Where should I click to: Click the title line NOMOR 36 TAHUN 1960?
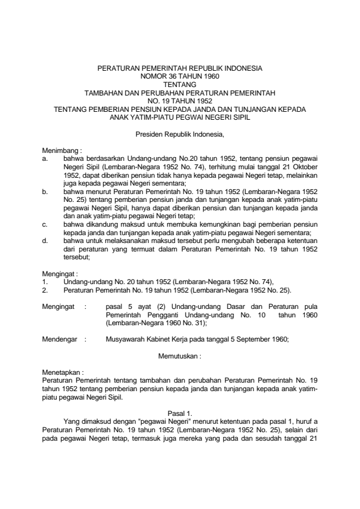(180, 77)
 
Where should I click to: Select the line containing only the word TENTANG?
(180, 85)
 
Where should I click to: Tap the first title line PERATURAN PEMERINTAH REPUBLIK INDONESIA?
(180, 70)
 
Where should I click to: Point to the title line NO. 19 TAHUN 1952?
(180, 101)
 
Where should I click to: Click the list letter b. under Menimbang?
(45, 191)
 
